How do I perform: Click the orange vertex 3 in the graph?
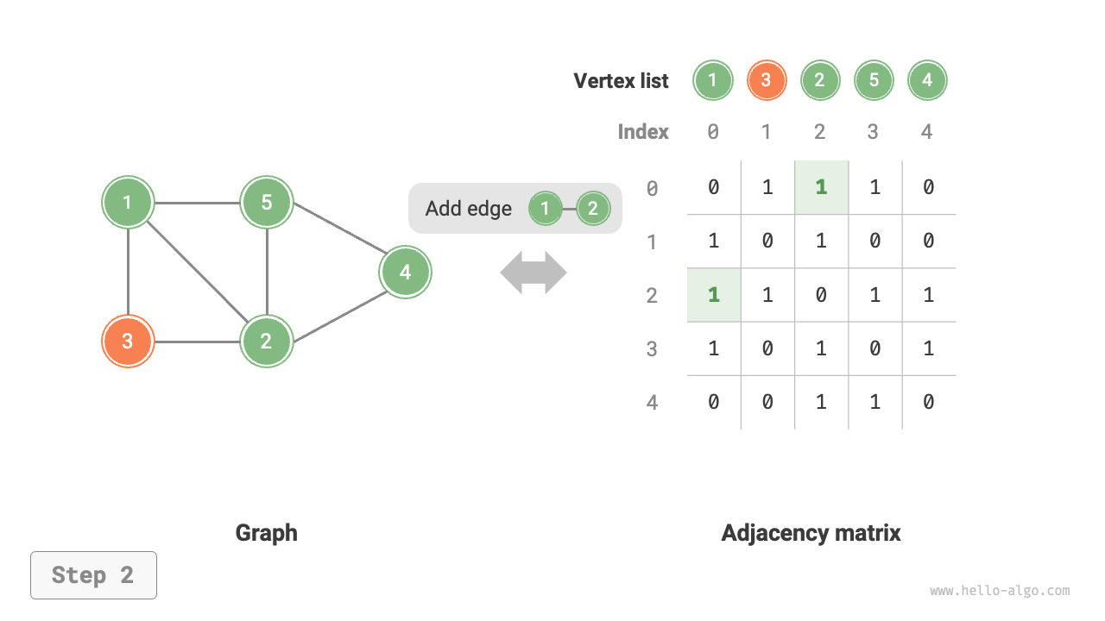(128, 341)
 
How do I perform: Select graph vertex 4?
(405, 273)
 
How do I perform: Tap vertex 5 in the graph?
(267, 203)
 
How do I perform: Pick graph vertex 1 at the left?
(128, 203)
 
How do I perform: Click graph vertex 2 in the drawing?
(267, 341)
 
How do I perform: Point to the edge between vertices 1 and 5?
(197, 204)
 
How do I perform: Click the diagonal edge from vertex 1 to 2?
(197, 272)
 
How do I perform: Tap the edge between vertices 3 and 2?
(197, 342)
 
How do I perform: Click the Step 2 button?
(93, 575)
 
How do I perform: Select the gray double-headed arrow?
(534, 273)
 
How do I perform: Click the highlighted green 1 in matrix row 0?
(821, 187)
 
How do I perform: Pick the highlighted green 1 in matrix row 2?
(714, 295)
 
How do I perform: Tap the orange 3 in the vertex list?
(767, 81)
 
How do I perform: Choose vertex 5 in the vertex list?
(874, 81)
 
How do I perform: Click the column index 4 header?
(927, 132)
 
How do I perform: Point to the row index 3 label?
(653, 349)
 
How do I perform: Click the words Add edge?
(469, 209)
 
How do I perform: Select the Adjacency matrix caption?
(811, 533)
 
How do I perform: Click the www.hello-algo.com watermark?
(1000, 592)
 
